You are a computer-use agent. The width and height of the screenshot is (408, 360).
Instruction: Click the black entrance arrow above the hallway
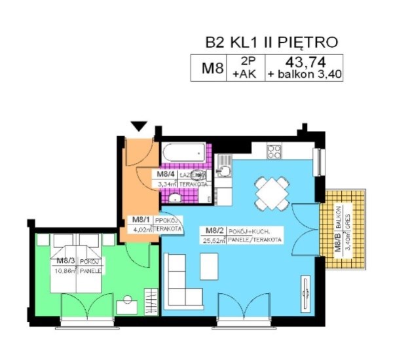point(139,126)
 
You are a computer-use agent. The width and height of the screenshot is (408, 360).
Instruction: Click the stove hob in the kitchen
point(274,152)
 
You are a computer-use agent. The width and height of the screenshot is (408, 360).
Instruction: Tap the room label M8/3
point(66,260)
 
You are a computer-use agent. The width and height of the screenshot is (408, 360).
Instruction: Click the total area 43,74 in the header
point(303,63)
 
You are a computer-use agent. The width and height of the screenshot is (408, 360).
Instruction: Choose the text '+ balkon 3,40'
point(303,75)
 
